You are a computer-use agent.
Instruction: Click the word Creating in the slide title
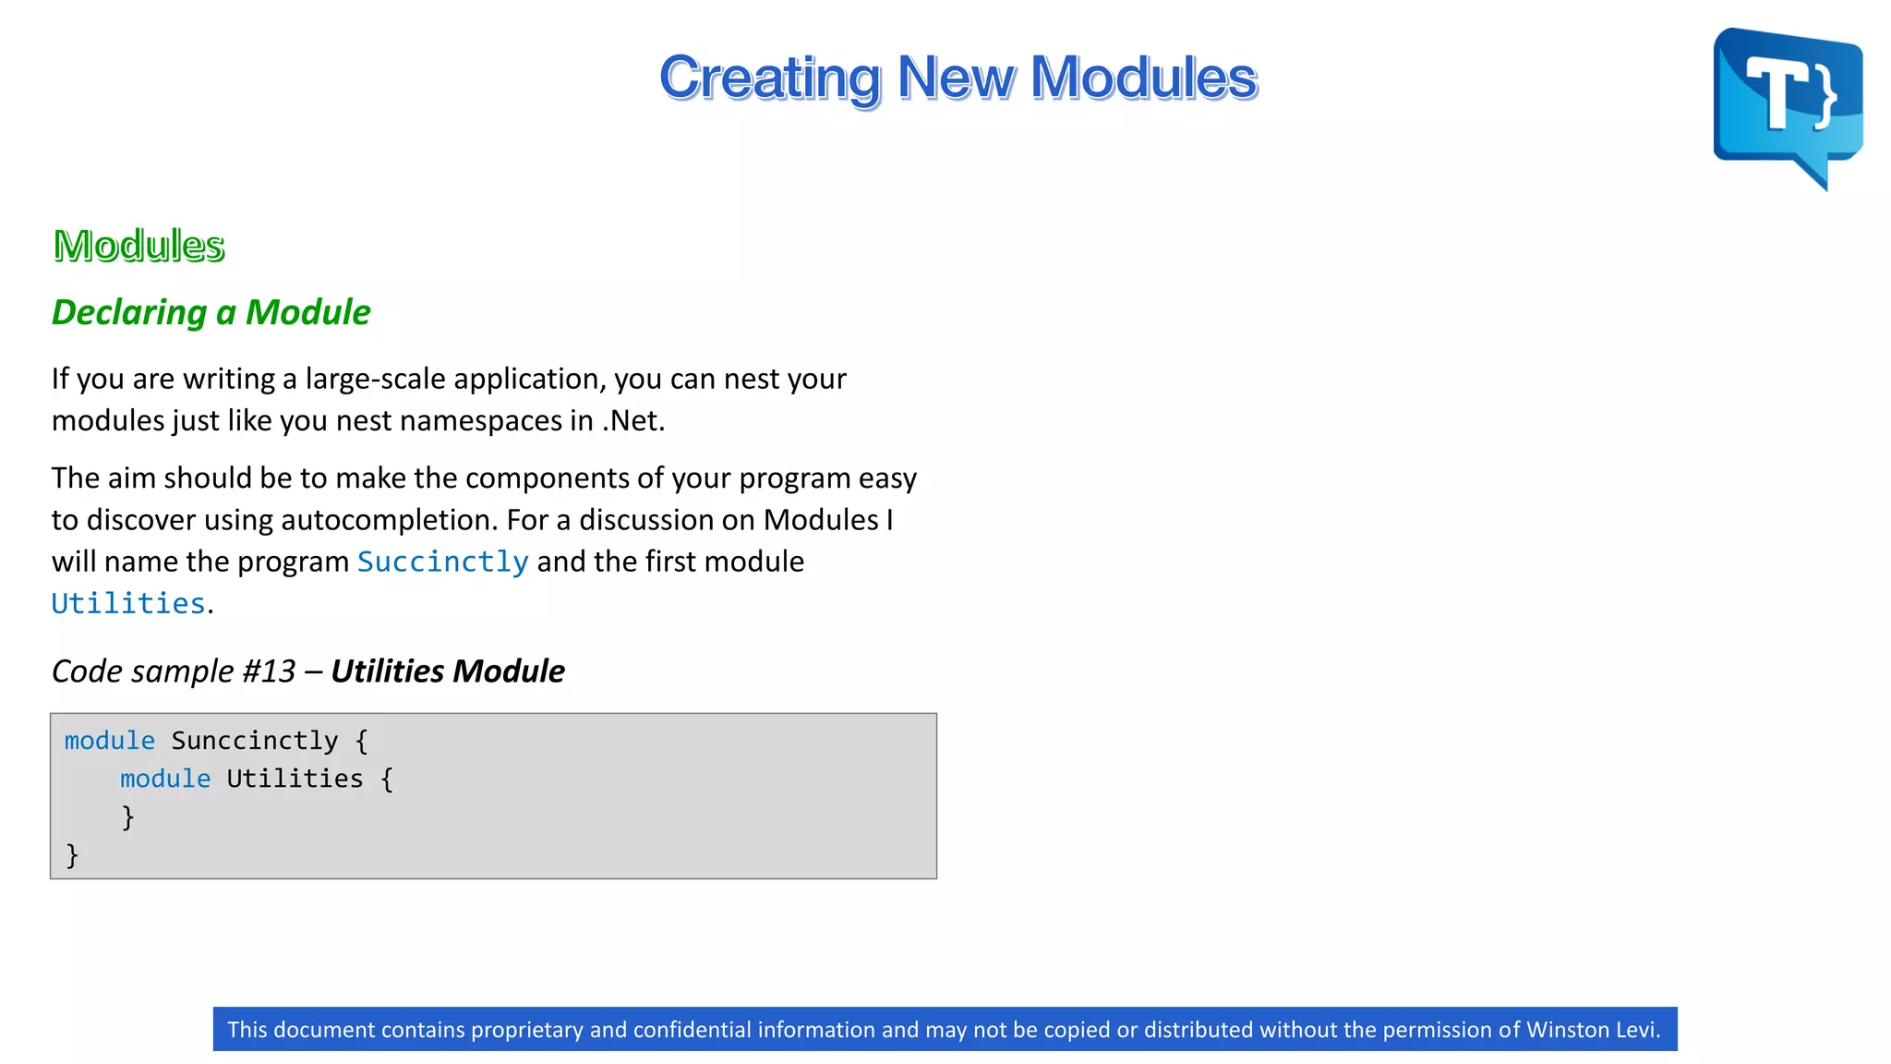[769, 78]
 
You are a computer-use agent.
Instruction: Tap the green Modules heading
[139, 246]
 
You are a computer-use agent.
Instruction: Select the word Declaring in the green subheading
[129, 313]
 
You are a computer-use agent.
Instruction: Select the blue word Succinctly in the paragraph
[442, 562]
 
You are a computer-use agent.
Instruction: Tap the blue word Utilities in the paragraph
[127, 604]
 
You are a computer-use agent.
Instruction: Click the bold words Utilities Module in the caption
[447, 671]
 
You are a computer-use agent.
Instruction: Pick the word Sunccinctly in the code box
[255, 741]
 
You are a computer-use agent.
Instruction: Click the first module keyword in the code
[109, 741]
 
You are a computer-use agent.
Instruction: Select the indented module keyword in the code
[165, 779]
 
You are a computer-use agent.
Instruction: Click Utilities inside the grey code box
[295, 779]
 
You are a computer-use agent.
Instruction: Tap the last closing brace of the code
[72, 854]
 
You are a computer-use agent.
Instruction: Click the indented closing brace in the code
[128, 816]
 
